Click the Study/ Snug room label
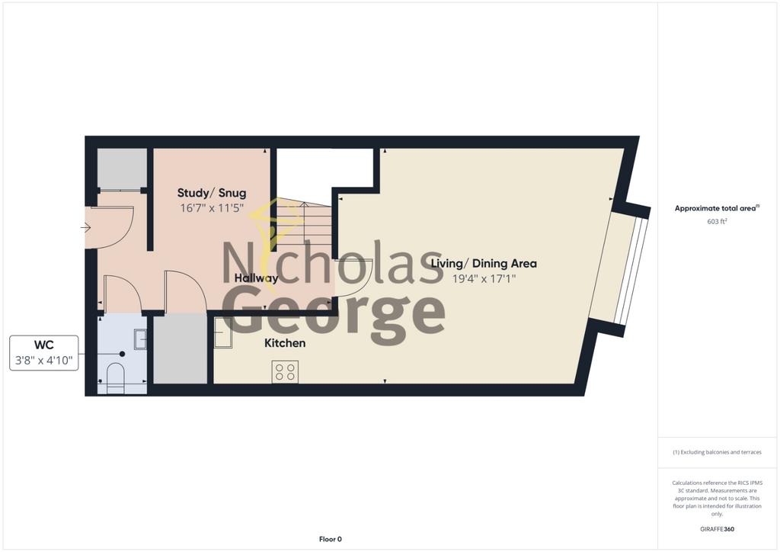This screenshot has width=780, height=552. pos(212,193)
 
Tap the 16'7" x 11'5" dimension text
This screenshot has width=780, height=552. pos(212,208)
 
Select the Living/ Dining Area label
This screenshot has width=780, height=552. pos(484,263)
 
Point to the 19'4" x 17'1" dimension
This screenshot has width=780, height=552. pos(484,279)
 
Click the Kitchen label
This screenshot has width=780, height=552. pos(285,343)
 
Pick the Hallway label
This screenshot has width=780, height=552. pos(256,278)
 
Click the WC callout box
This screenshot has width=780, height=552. pos(43,353)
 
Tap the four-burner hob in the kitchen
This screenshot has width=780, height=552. pos(285,372)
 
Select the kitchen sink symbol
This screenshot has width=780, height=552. pos(223,333)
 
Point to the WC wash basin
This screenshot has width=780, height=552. pos(140,339)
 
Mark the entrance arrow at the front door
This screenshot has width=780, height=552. pos(85,228)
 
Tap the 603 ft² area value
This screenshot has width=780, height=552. pos(717,221)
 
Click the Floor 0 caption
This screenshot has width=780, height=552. pos(331,539)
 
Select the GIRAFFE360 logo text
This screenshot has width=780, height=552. pos(717,529)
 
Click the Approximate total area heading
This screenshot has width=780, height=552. pos(716,208)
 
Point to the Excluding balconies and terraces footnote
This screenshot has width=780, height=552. pos(717,452)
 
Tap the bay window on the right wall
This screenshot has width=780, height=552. pos(626,268)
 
